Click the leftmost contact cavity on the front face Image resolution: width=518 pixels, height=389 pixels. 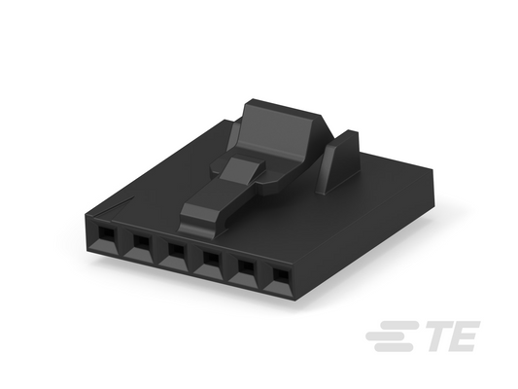(106, 237)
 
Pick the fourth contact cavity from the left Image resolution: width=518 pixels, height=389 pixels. (209, 263)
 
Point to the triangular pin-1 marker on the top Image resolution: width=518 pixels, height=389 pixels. (114, 207)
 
